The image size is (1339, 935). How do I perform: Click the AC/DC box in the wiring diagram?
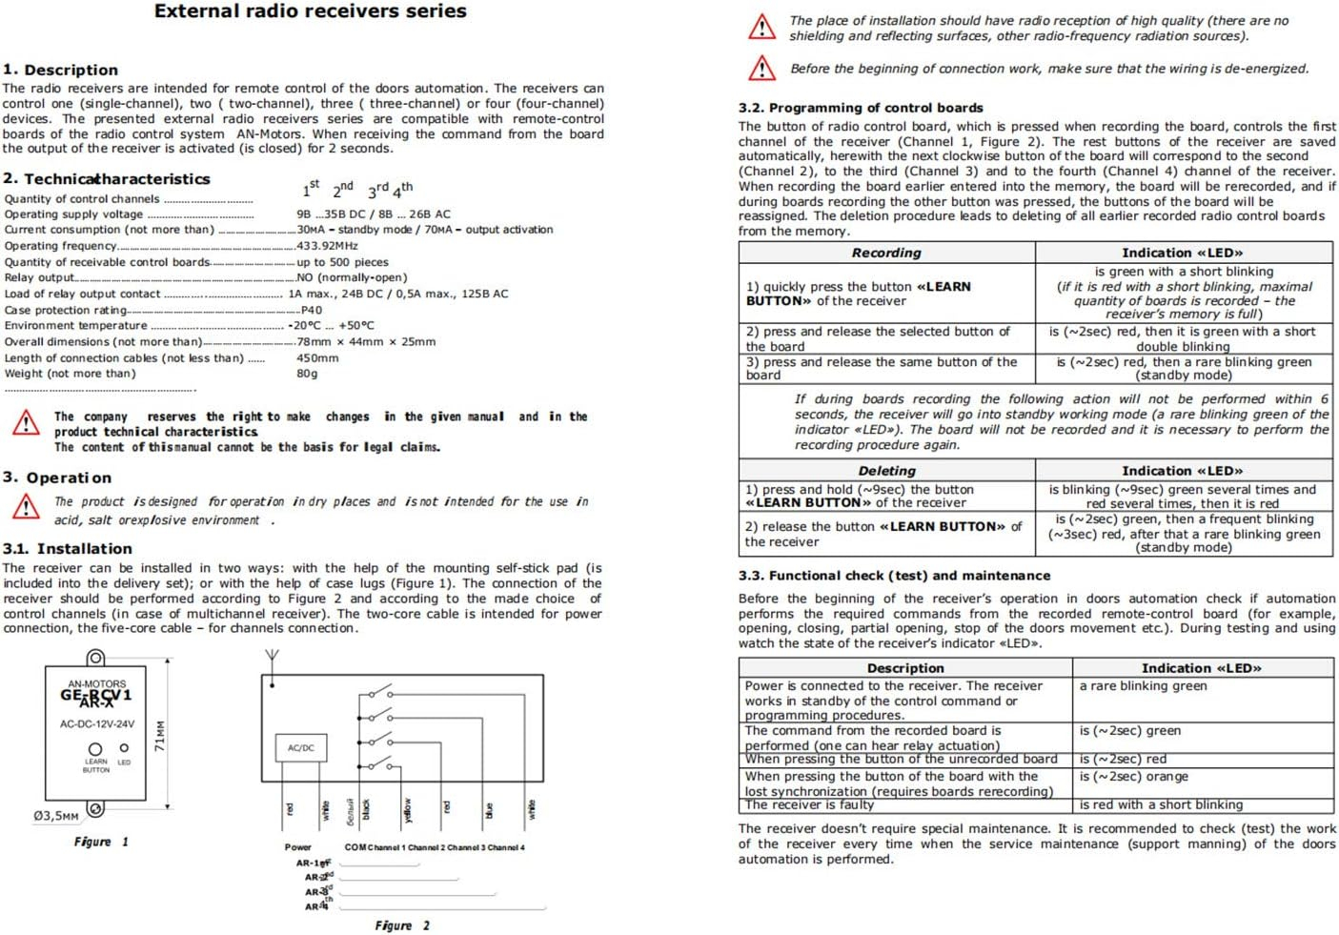300,747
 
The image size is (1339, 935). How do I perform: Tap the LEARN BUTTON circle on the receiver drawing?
94,749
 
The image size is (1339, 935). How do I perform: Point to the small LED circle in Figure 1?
124,748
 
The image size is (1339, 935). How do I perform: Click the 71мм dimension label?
160,735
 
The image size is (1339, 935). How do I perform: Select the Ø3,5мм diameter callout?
56,816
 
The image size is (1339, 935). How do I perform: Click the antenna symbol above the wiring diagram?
272,657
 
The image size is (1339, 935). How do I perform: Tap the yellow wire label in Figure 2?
407,809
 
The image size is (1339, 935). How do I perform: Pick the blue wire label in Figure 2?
489,811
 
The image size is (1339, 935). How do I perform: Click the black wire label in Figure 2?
366,810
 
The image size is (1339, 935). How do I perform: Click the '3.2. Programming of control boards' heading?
860,108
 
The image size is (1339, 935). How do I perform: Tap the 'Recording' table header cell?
886,253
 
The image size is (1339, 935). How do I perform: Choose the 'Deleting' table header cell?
886,471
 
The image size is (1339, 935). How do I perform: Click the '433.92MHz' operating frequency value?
327,246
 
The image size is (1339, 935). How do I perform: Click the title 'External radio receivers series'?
310,11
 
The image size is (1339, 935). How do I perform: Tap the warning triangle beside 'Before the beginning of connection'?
761,69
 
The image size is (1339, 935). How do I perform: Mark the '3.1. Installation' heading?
67,549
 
